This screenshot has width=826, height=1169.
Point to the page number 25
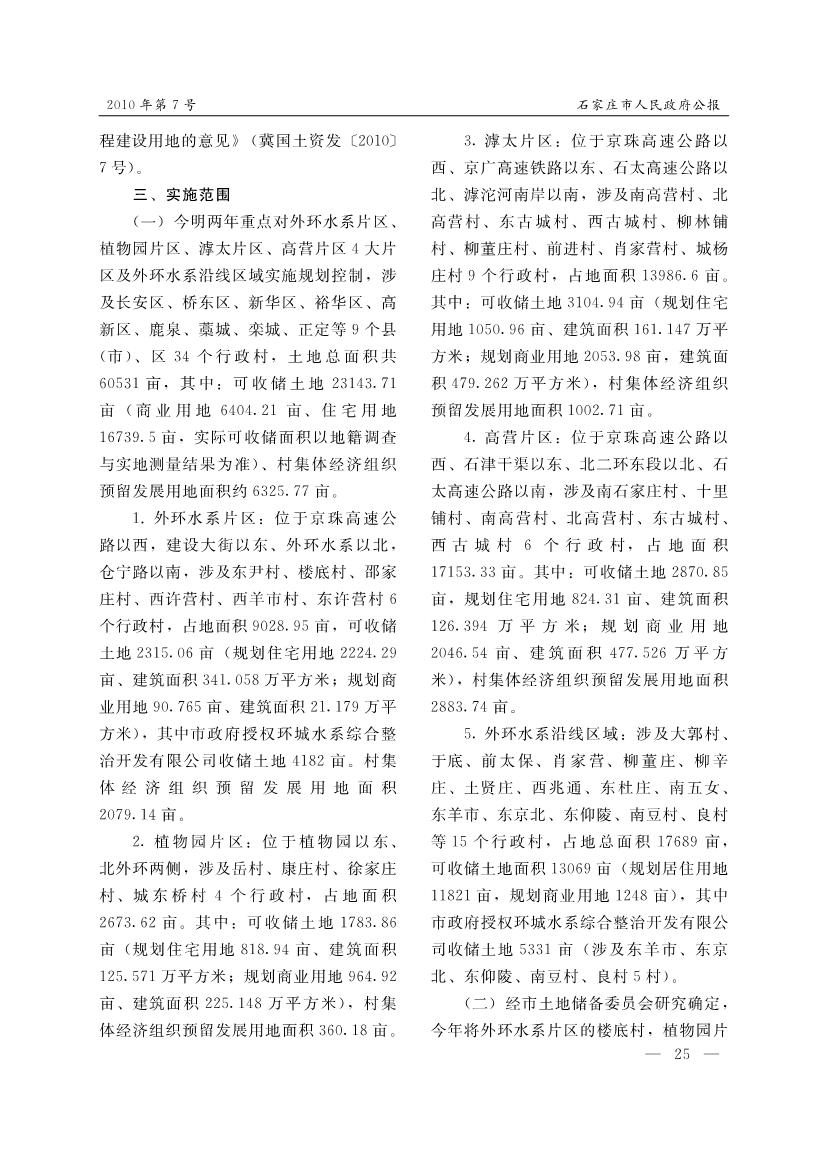pyautogui.click(x=684, y=1054)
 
